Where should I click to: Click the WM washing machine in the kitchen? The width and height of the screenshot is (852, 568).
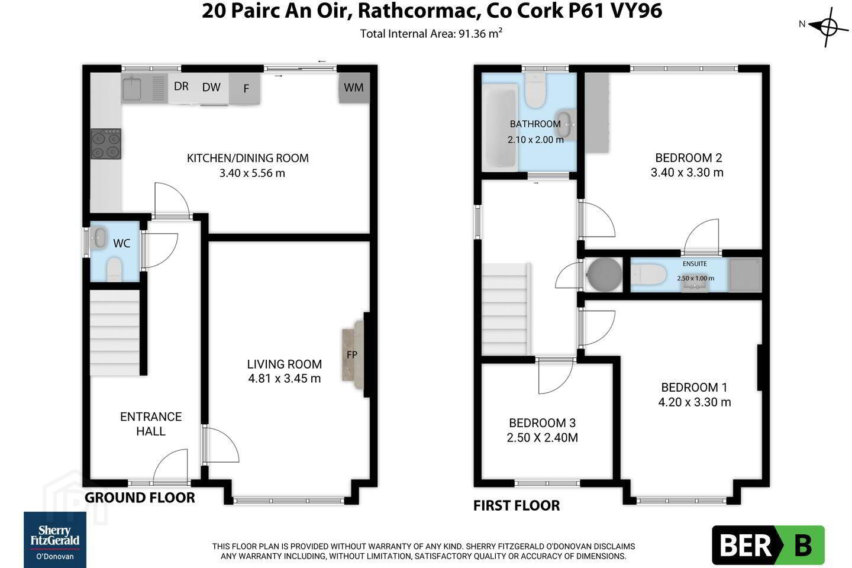click(x=354, y=88)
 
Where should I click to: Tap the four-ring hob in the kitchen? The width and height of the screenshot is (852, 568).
click(x=106, y=144)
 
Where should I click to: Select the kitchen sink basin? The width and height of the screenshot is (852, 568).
click(x=131, y=89)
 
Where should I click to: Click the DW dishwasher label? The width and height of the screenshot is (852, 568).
click(x=211, y=87)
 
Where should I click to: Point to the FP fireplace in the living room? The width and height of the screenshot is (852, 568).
click(x=353, y=354)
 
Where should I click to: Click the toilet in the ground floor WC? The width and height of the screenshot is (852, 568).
click(x=114, y=269)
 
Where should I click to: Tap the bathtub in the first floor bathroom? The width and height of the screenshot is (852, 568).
click(x=500, y=128)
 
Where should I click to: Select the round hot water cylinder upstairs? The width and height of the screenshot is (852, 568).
click(x=604, y=275)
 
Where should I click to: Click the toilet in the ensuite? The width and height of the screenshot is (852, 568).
click(x=648, y=275)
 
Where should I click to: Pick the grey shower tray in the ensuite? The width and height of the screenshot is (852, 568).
click(x=745, y=275)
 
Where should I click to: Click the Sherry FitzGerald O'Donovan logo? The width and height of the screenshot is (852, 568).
click(x=55, y=540)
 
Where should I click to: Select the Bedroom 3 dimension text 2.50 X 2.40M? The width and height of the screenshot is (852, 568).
click(x=542, y=437)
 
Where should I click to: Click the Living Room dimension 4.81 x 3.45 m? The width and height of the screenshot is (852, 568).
click(x=284, y=379)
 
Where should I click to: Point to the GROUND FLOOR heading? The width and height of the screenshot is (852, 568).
click(x=140, y=498)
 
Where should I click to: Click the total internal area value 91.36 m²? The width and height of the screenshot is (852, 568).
click(x=480, y=34)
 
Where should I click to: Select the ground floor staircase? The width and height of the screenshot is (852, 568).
click(x=115, y=333)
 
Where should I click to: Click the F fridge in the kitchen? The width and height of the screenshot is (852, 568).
click(x=244, y=88)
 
